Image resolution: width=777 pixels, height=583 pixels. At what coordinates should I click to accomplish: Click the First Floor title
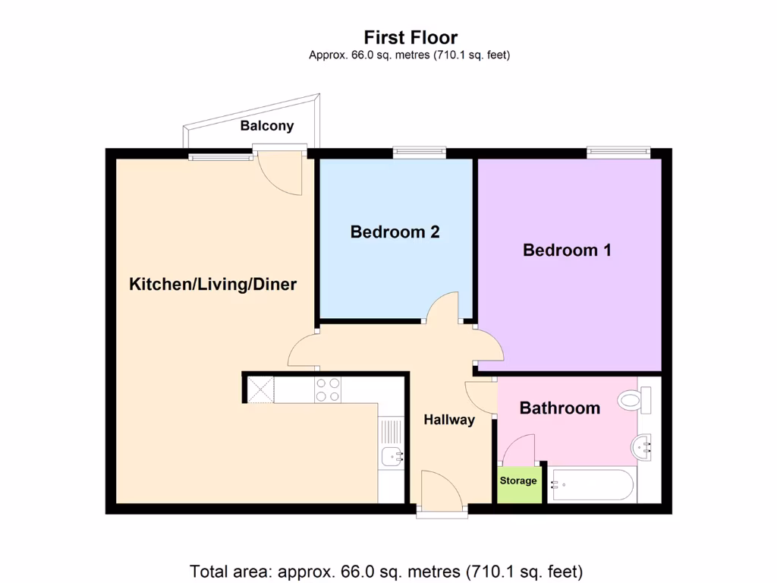pos(411,37)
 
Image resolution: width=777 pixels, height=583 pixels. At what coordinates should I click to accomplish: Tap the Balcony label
pos(266,126)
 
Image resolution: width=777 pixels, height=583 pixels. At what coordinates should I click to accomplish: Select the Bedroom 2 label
pos(395,232)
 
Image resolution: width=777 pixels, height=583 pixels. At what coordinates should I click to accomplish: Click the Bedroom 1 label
pos(567,250)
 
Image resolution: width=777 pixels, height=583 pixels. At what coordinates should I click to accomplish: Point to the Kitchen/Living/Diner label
pos(212,285)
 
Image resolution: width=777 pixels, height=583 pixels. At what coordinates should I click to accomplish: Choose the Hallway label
pos(449,419)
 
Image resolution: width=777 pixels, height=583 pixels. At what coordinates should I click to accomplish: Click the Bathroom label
pos(559,408)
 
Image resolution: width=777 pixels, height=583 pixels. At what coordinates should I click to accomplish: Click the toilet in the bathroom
pos(634,399)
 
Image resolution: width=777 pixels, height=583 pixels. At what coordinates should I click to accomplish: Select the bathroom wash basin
pos(645,447)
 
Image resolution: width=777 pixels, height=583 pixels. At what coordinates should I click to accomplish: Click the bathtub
pos(592,484)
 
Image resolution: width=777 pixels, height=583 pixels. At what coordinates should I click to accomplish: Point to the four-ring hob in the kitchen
pos(328,390)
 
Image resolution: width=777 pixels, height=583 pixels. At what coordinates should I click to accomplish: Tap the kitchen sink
pos(392,456)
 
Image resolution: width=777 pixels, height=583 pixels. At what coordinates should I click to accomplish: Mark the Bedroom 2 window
pos(419,153)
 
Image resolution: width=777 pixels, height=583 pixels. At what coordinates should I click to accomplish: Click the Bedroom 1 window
pos(618,153)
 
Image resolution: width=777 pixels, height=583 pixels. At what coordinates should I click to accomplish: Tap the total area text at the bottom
pos(388,570)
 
